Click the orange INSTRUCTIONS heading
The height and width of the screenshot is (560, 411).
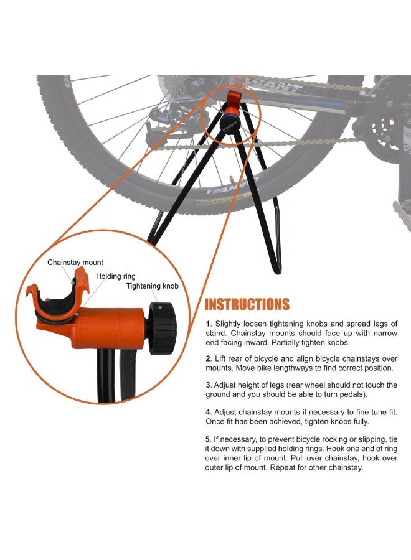pyautogui.click(x=247, y=304)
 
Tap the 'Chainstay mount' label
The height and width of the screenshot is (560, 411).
pyautogui.click(x=75, y=263)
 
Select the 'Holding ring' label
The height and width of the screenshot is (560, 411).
pyautogui.click(x=115, y=275)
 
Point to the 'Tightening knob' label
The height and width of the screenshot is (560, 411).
pyautogui.click(x=153, y=286)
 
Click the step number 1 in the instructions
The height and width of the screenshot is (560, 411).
pyautogui.click(x=209, y=324)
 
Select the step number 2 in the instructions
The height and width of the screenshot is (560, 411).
pyautogui.click(x=209, y=359)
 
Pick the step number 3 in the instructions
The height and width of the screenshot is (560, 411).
pyautogui.click(x=209, y=385)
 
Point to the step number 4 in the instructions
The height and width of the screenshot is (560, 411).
pyautogui.click(x=209, y=412)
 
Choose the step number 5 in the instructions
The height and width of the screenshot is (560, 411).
pyautogui.click(x=209, y=438)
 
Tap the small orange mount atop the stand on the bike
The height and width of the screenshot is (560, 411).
pyautogui.click(x=234, y=98)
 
